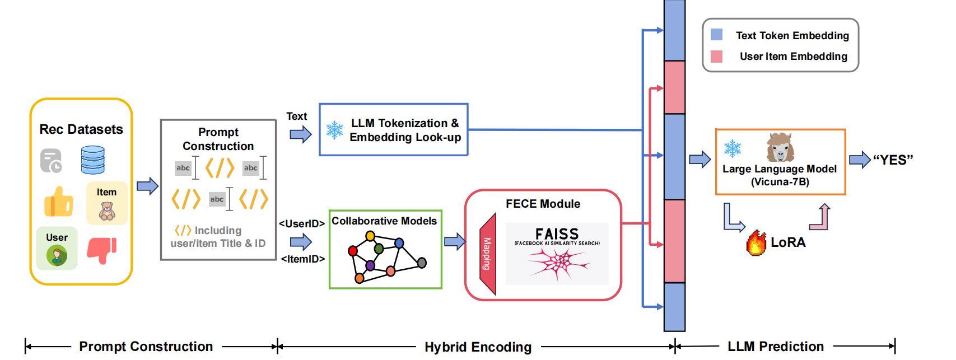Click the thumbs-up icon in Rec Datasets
(x=59, y=202)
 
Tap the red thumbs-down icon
(x=102, y=250)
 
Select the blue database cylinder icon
(x=92, y=160)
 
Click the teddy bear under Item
(x=107, y=211)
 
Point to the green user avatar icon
(x=57, y=256)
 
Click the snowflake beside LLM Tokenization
(x=334, y=130)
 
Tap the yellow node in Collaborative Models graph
(x=370, y=236)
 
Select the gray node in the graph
(x=422, y=263)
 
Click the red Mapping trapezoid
(x=488, y=254)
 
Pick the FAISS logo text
(x=557, y=234)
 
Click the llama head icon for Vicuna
(x=780, y=148)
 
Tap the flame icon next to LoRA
(x=756, y=243)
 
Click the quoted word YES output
(x=893, y=160)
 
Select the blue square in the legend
(x=716, y=35)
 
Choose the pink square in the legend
(x=716, y=56)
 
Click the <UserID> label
(x=302, y=224)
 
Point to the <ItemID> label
(x=303, y=259)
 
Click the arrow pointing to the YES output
(x=860, y=160)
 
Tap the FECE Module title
(x=543, y=204)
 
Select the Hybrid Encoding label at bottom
(x=478, y=347)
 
